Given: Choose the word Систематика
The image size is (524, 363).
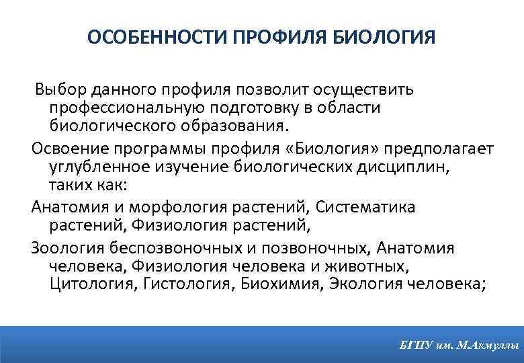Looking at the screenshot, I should click(x=366, y=207).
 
